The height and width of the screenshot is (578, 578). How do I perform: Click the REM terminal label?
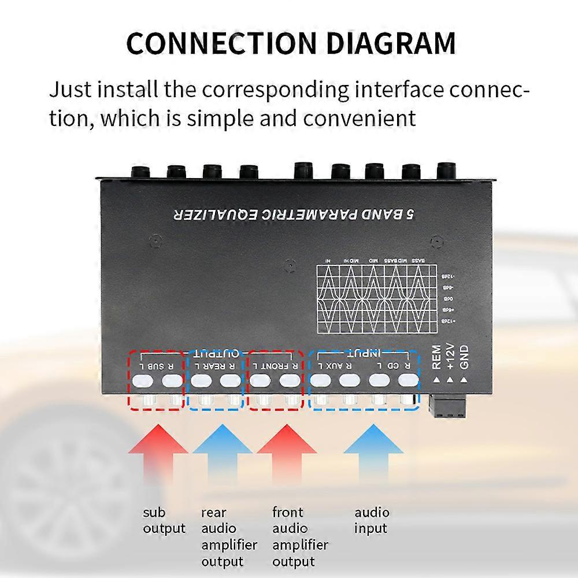(436, 357)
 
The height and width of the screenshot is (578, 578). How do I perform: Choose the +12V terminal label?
(450, 357)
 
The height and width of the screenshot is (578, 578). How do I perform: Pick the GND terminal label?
(464, 357)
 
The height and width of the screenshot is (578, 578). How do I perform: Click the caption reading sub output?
(164, 520)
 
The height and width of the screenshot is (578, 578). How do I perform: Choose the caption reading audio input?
(372, 520)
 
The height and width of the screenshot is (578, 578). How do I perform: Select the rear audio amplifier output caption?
(229, 536)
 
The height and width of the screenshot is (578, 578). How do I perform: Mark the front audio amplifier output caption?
(300, 536)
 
